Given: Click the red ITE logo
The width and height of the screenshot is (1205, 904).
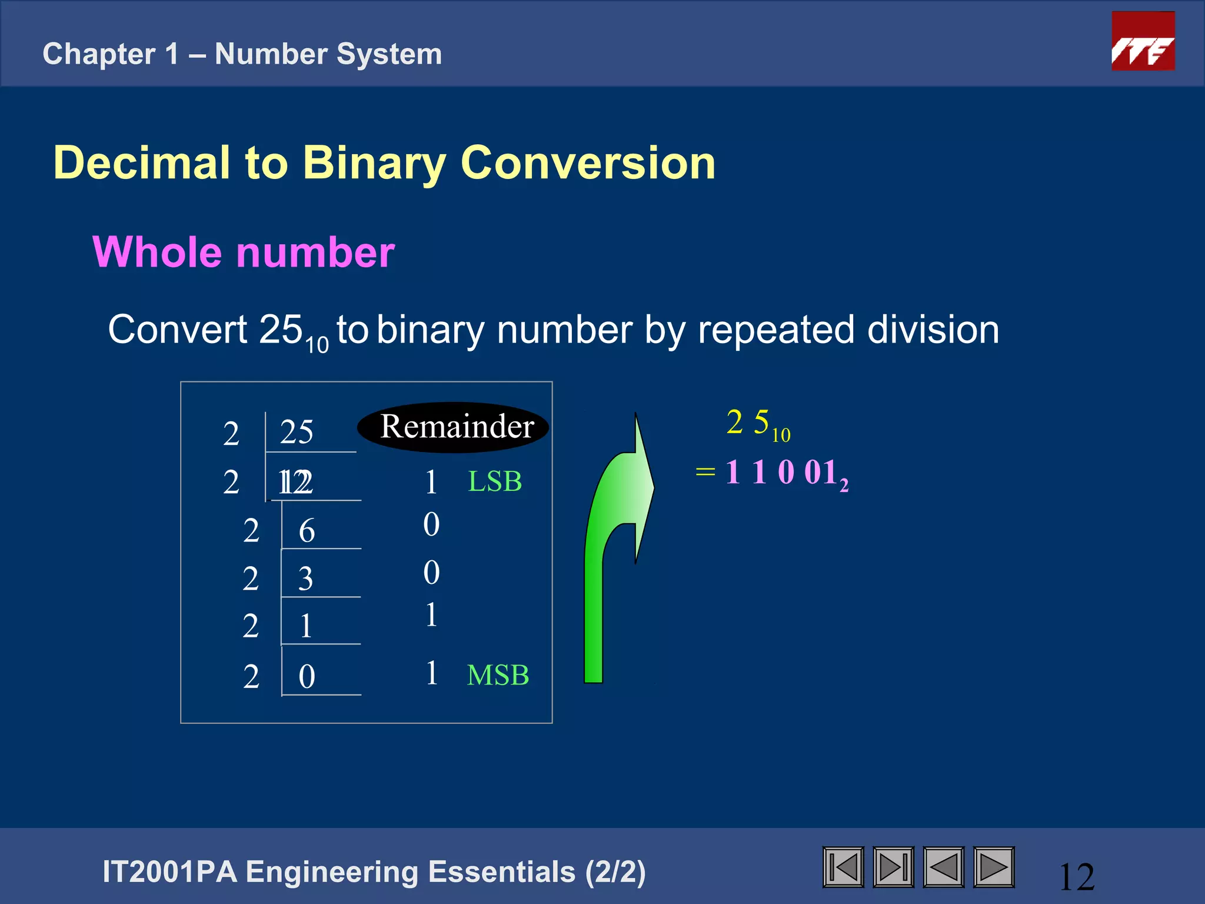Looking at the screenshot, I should tap(1143, 41).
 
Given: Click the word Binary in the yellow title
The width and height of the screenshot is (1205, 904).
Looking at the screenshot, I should tap(374, 163).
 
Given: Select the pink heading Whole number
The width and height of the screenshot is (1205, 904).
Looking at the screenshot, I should tap(244, 252).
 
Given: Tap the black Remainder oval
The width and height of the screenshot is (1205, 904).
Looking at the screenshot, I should tap(454, 427).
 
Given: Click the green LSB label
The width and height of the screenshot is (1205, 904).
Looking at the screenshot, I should tap(494, 481).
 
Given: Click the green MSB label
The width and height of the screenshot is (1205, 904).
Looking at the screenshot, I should tap(498, 675).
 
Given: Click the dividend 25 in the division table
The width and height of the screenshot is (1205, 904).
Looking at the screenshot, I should tap(297, 432).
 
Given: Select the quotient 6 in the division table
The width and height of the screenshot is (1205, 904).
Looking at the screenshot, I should tap(307, 531).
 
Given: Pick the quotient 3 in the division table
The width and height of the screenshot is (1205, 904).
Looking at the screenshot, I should tap(305, 579).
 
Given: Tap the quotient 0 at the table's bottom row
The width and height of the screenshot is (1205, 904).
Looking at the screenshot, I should tap(307, 676).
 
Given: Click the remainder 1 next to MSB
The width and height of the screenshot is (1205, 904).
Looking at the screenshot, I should tap(431, 673).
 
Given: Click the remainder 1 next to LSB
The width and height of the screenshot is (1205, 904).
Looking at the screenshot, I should tap(431, 482).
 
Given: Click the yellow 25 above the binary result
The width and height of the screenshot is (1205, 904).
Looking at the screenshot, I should tap(748, 422).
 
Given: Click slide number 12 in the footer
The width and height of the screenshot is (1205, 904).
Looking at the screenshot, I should tap(1076, 877).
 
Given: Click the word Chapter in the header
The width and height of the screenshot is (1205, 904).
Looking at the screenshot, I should tap(98, 54).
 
